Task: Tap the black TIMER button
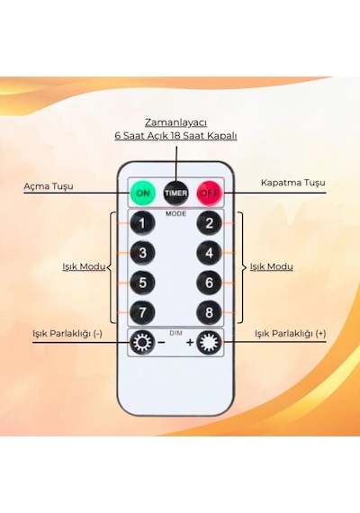click(x=176, y=193)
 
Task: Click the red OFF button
click(x=210, y=193)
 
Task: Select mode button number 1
click(x=142, y=223)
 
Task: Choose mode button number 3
click(x=142, y=253)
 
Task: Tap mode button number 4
click(x=210, y=253)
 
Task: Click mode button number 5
click(x=142, y=283)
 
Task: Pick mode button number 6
click(x=210, y=283)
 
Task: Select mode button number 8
click(x=210, y=312)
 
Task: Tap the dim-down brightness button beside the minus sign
click(x=142, y=343)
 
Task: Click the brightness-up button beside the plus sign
click(x=209, y=343)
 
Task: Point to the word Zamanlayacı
click(x=176, y=123)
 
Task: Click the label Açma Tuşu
click(x=49, y=186)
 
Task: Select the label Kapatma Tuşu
click(x=293, y=183)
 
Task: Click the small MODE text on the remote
click(x=175, y=213)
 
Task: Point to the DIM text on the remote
click(x=175, y=333)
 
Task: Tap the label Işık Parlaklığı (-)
click(x=67, y=333)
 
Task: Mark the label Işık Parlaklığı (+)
click(x=291, y=333)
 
